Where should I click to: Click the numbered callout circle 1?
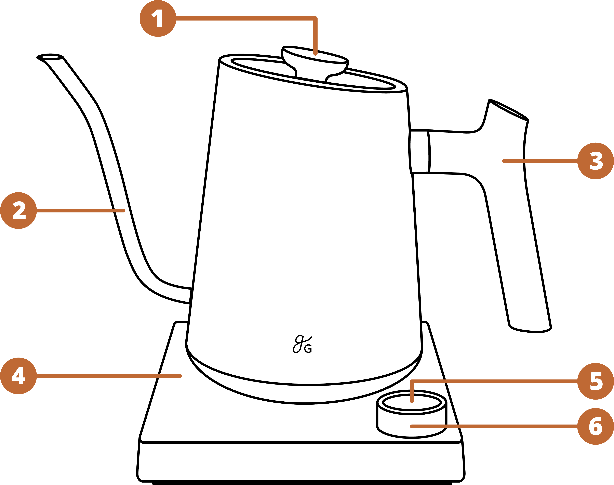coord(158,18)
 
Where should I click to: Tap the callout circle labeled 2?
coord(18,210)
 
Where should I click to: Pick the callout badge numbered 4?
coord(18,376)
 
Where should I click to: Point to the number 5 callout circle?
coord(596,381)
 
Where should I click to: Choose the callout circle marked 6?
coord(596,426)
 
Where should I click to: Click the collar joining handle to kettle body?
coord(419,151)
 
